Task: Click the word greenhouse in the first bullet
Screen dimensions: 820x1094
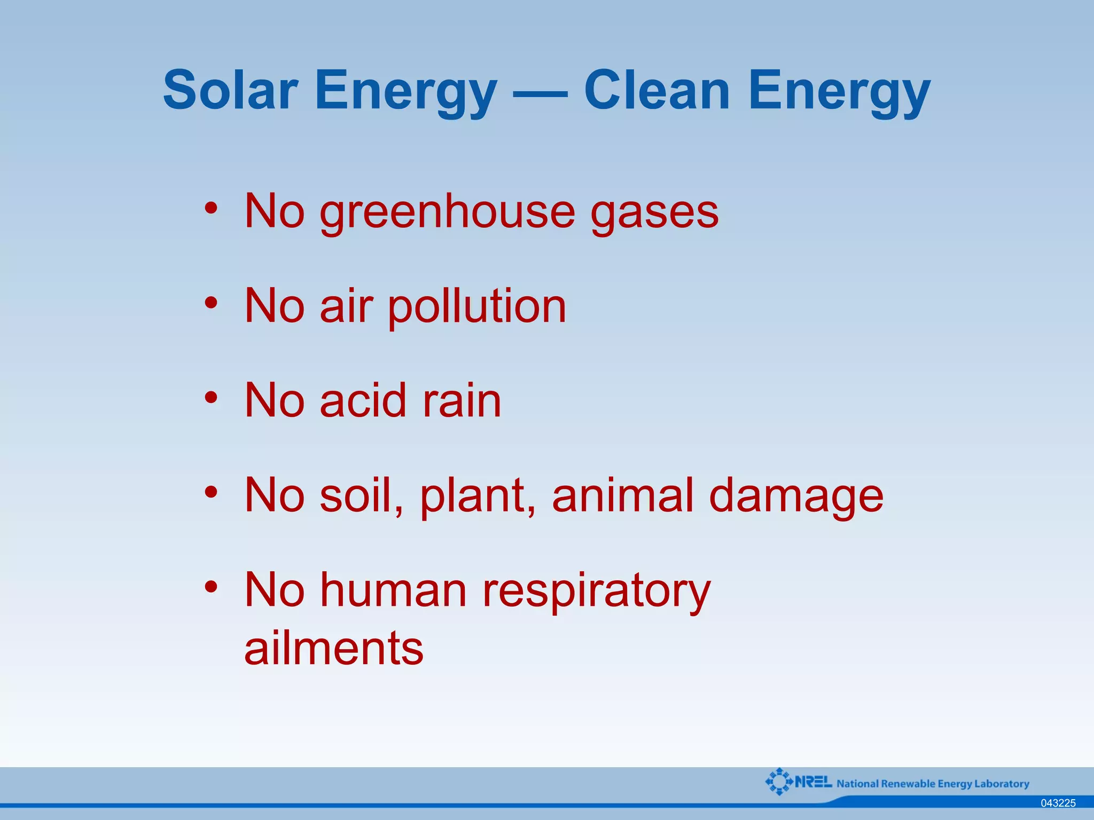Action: coord(447,212)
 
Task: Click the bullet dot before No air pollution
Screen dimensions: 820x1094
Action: coord(212,303)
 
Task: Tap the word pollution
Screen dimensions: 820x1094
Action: coord(476,307)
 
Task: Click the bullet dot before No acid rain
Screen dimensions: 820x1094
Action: coord(212,397)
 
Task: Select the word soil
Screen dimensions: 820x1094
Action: coord(360,495)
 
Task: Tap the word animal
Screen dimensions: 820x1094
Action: coord(622,495)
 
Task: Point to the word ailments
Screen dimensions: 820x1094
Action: coord(334,648)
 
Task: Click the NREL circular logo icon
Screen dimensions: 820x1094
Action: coord(779,782)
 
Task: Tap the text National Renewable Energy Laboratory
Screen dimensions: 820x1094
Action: coord(933,784)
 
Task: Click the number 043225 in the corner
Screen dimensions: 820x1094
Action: coord(1058,803)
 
